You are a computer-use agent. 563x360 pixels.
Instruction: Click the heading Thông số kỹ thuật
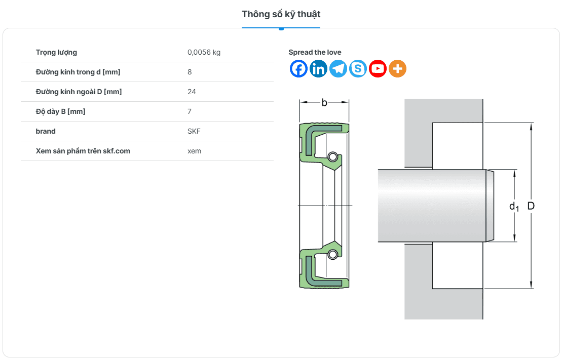281,14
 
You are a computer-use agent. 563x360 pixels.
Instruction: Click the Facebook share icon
299,68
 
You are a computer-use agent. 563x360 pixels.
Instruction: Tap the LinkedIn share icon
318,68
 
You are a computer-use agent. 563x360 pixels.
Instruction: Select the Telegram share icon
338,68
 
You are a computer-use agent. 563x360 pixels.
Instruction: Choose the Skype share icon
358,68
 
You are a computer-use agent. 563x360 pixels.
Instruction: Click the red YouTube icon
378,68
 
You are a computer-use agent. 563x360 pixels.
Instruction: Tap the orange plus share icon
397,68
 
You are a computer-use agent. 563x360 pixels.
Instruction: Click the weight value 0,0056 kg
204,52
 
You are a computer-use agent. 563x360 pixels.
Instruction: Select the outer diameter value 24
192,92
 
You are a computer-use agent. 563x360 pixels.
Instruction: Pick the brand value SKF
194,131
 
